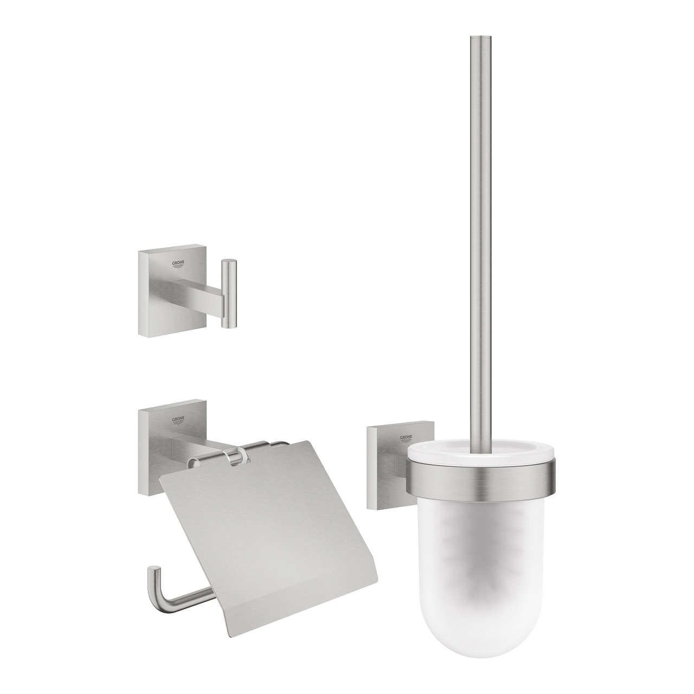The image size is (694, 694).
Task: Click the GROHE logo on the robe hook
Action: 178,265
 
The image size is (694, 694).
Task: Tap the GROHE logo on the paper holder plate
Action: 178,420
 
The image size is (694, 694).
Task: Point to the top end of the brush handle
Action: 480,39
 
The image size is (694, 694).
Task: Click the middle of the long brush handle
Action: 480,244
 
